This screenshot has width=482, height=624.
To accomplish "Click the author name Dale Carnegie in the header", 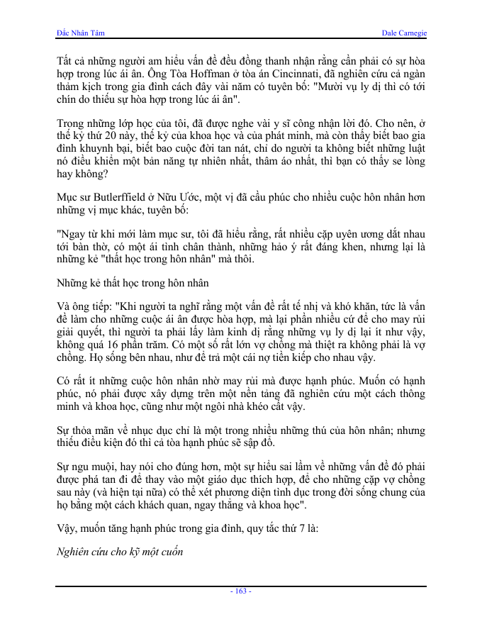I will tap(403, 33).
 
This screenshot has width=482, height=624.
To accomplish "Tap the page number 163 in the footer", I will tap(241, 591).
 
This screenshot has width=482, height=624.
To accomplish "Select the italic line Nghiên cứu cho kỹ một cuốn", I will tap(119, 551).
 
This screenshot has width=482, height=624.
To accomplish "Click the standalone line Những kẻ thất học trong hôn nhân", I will tap(133, 283).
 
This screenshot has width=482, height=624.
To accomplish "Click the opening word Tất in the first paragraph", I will tap(64, 62).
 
